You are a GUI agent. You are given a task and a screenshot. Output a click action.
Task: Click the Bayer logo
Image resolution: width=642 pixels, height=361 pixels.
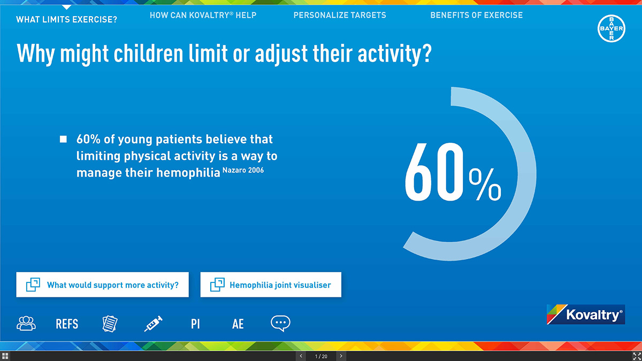click(612, 28)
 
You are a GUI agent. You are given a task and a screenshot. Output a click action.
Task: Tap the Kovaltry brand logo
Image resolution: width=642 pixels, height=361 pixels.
click(586, 314)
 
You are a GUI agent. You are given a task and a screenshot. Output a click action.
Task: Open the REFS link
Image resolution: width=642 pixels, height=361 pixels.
click(67, 324)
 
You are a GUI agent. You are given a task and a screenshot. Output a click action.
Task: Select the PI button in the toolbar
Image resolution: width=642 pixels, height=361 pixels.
click(195, 324)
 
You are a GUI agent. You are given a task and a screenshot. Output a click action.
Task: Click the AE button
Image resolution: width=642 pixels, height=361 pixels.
click(238, 324)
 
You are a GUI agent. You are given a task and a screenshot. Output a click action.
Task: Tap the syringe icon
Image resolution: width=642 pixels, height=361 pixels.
click(154, 324)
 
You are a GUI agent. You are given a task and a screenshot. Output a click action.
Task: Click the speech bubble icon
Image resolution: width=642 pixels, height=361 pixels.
click(280, 324)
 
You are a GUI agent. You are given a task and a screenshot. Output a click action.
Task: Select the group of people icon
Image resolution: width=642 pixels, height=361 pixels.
click(26, 324)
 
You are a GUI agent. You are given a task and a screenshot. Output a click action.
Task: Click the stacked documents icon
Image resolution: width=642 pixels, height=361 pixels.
click(110, 324)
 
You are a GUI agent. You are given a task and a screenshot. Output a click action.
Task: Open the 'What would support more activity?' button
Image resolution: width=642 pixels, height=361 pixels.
click(102, 285)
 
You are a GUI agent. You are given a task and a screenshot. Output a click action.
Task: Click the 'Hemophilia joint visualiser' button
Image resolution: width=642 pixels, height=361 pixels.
click(271, 285)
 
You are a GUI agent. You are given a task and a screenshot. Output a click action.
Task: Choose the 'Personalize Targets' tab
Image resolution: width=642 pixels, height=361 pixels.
click(340, 15)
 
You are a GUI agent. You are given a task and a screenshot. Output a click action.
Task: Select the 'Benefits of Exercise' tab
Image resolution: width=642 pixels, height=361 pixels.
click(476, 15)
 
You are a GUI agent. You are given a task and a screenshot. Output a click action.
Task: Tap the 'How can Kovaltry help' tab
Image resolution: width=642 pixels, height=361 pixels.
click(203, 15)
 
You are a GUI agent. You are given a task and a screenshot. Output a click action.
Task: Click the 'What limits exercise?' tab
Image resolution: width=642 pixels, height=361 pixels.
click(66, 19)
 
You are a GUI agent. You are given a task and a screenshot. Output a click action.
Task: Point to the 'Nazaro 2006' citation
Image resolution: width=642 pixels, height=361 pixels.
click(243, 170)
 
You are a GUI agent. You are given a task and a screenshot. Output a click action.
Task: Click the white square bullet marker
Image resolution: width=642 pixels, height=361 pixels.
click(63, 139)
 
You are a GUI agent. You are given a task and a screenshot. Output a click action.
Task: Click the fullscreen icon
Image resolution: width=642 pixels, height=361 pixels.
click(637, 356)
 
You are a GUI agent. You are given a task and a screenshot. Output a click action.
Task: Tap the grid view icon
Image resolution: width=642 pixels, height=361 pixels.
click(5, 356)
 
